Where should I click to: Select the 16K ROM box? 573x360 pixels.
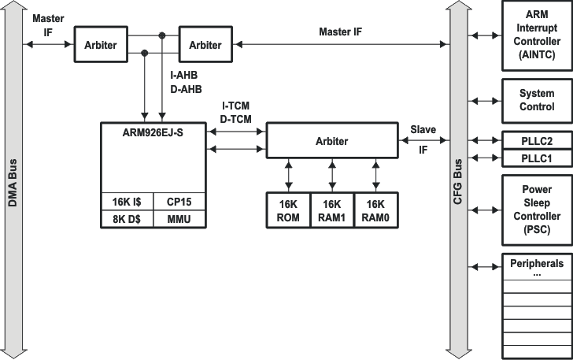tap(288, 210)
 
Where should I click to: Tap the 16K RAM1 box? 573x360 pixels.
tap(332, 210)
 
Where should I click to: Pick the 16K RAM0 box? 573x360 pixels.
tap(375, 210)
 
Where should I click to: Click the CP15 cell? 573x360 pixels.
tap(179, 202)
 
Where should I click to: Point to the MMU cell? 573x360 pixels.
tap(179, 219)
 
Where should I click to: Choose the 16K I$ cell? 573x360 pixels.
tap(127, 202)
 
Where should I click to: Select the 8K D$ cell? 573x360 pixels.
tap(127, 219)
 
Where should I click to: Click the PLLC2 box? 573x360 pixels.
tap(537, 141)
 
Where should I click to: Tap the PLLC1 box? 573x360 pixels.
tap(537, 158)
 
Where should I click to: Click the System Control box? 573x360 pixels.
tap(537, 100)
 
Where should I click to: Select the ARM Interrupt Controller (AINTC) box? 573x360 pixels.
tap(537, 36)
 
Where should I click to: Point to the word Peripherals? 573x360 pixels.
tap(537, 264)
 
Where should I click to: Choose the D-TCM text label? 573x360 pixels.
tap(236, 118)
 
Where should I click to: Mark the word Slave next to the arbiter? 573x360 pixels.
tap(423, 128)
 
